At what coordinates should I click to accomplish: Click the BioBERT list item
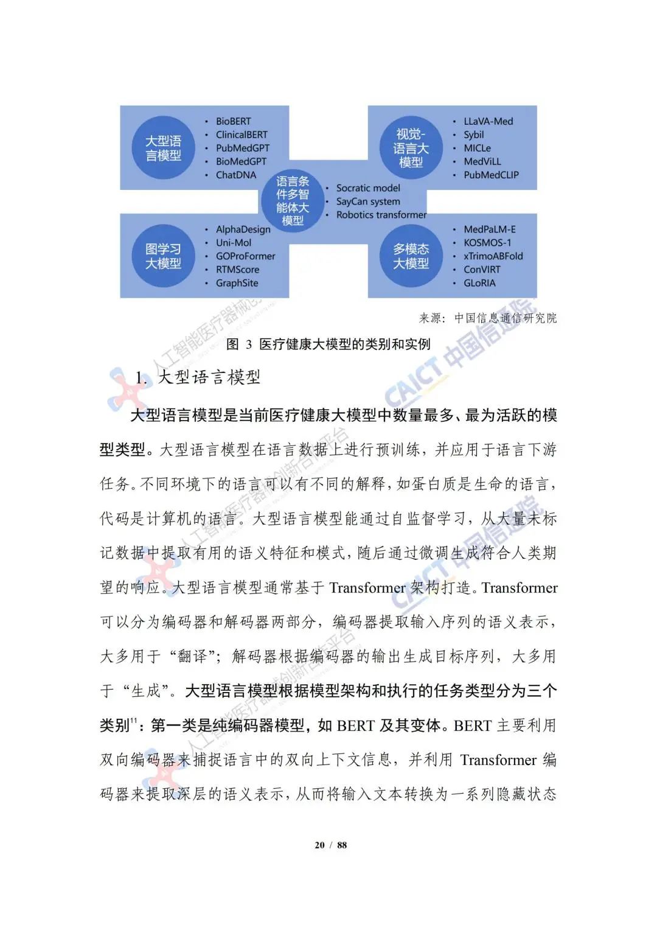click(233, 122)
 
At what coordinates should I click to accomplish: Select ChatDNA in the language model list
click(236, 175)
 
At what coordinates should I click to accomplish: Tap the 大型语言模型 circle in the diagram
click(163, 149)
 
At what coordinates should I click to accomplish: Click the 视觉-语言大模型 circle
click(411, 149)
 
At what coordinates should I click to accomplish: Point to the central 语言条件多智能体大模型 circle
click(293, 200)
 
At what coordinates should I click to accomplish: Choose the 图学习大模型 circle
click(163, 256)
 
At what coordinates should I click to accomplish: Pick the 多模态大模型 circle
click(411, 256)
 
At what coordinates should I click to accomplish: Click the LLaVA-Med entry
click(488, 122)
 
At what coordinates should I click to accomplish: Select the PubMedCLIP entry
click(491, 175)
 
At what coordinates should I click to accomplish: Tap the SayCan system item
click(368, 201)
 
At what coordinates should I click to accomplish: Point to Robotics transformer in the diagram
click(381, 215)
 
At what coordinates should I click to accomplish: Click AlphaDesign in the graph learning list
click(243, 229)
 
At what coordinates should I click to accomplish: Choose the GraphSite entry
click(237, 283)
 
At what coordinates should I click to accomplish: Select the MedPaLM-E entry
click(489, 229)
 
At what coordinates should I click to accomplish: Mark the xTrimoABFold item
click(493, 256)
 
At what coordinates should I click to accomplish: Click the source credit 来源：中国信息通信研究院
click(487, 318)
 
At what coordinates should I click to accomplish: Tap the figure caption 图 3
click(328, 344)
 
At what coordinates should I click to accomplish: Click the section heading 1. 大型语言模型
click(198, 377)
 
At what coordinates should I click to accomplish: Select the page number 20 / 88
click(330, 845)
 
